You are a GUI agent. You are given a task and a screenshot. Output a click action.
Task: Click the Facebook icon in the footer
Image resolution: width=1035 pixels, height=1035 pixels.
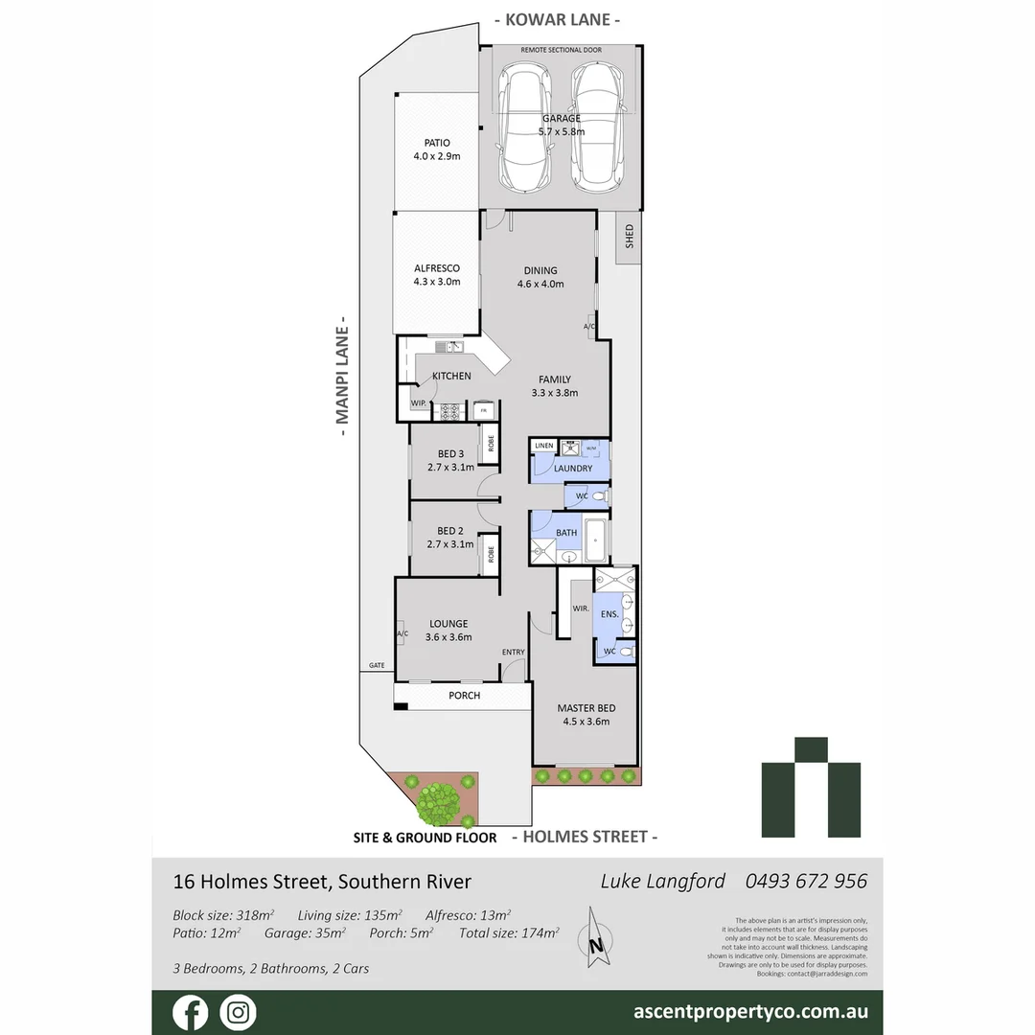tap(190, 1012)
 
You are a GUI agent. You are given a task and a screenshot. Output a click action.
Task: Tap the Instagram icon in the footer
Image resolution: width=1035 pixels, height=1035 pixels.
tap(237, 1012)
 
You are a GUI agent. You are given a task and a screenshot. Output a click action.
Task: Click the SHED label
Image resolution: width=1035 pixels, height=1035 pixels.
tap(630, 236)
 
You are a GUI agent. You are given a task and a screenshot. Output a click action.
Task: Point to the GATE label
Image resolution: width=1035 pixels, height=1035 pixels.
tap(377, 665)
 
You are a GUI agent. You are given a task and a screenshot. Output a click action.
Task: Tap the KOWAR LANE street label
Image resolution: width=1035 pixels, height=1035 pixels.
tap(557, 19)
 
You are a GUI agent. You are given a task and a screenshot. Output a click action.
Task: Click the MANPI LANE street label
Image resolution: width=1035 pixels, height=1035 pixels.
tap(339, 377)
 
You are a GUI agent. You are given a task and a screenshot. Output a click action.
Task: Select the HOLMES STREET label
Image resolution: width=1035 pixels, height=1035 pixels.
tap(585, 837)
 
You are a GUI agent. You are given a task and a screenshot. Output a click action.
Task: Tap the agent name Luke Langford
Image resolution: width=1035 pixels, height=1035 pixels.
tap(663, 881)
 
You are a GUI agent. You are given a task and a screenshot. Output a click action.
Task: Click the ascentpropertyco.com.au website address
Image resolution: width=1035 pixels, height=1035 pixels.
tap(751, 1011)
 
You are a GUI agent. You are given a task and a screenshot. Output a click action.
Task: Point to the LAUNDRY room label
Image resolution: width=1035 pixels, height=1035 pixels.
tap(572, 469)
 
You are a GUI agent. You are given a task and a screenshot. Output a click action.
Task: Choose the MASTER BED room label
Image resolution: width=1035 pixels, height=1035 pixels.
tap(585, 708)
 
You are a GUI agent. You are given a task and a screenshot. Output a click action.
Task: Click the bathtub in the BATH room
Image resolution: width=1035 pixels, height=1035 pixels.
tap(596, 541)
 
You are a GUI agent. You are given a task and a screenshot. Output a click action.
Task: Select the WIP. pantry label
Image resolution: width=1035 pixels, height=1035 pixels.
tap(419, 403)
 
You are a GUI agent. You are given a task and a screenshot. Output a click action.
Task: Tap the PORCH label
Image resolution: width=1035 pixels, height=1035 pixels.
tap(464, 696)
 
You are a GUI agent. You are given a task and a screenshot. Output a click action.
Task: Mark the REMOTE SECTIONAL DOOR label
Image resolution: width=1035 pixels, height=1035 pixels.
tap(561, 49)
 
